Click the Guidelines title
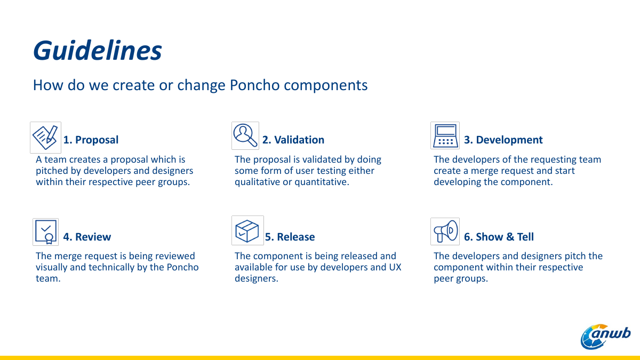[98, 51]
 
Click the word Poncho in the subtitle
[254, 85]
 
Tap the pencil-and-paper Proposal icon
[45, 138]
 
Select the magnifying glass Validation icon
[245, 135]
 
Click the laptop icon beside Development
[445, 135]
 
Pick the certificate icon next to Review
[45, 232]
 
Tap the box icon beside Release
[247, 230]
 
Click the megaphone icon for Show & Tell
[445, 231]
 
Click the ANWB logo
[605, 337]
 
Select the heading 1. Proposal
[91, 140]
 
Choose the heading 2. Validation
[293, 140]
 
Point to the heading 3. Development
[503, 140]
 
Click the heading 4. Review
[87, 237]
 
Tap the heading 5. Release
[290, 237]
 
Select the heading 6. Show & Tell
[499, 237]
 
